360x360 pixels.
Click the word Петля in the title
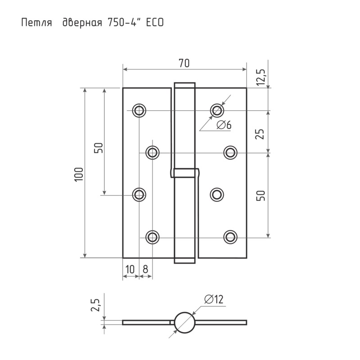(x=36, y=23)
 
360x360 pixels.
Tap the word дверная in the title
(x=82, y=23)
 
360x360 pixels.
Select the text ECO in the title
(x=155, y=23)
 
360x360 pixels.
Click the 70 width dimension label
(x=184, y=63)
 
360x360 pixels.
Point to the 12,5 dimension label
(x=261, y=77)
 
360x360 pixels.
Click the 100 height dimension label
(x=78, y=175)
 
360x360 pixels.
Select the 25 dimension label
(x=260, y=134)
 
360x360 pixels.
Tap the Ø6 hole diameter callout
(x=224, y=125)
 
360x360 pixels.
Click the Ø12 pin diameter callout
(x=214, y=299)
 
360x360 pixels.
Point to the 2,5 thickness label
(x=95, y=305)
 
